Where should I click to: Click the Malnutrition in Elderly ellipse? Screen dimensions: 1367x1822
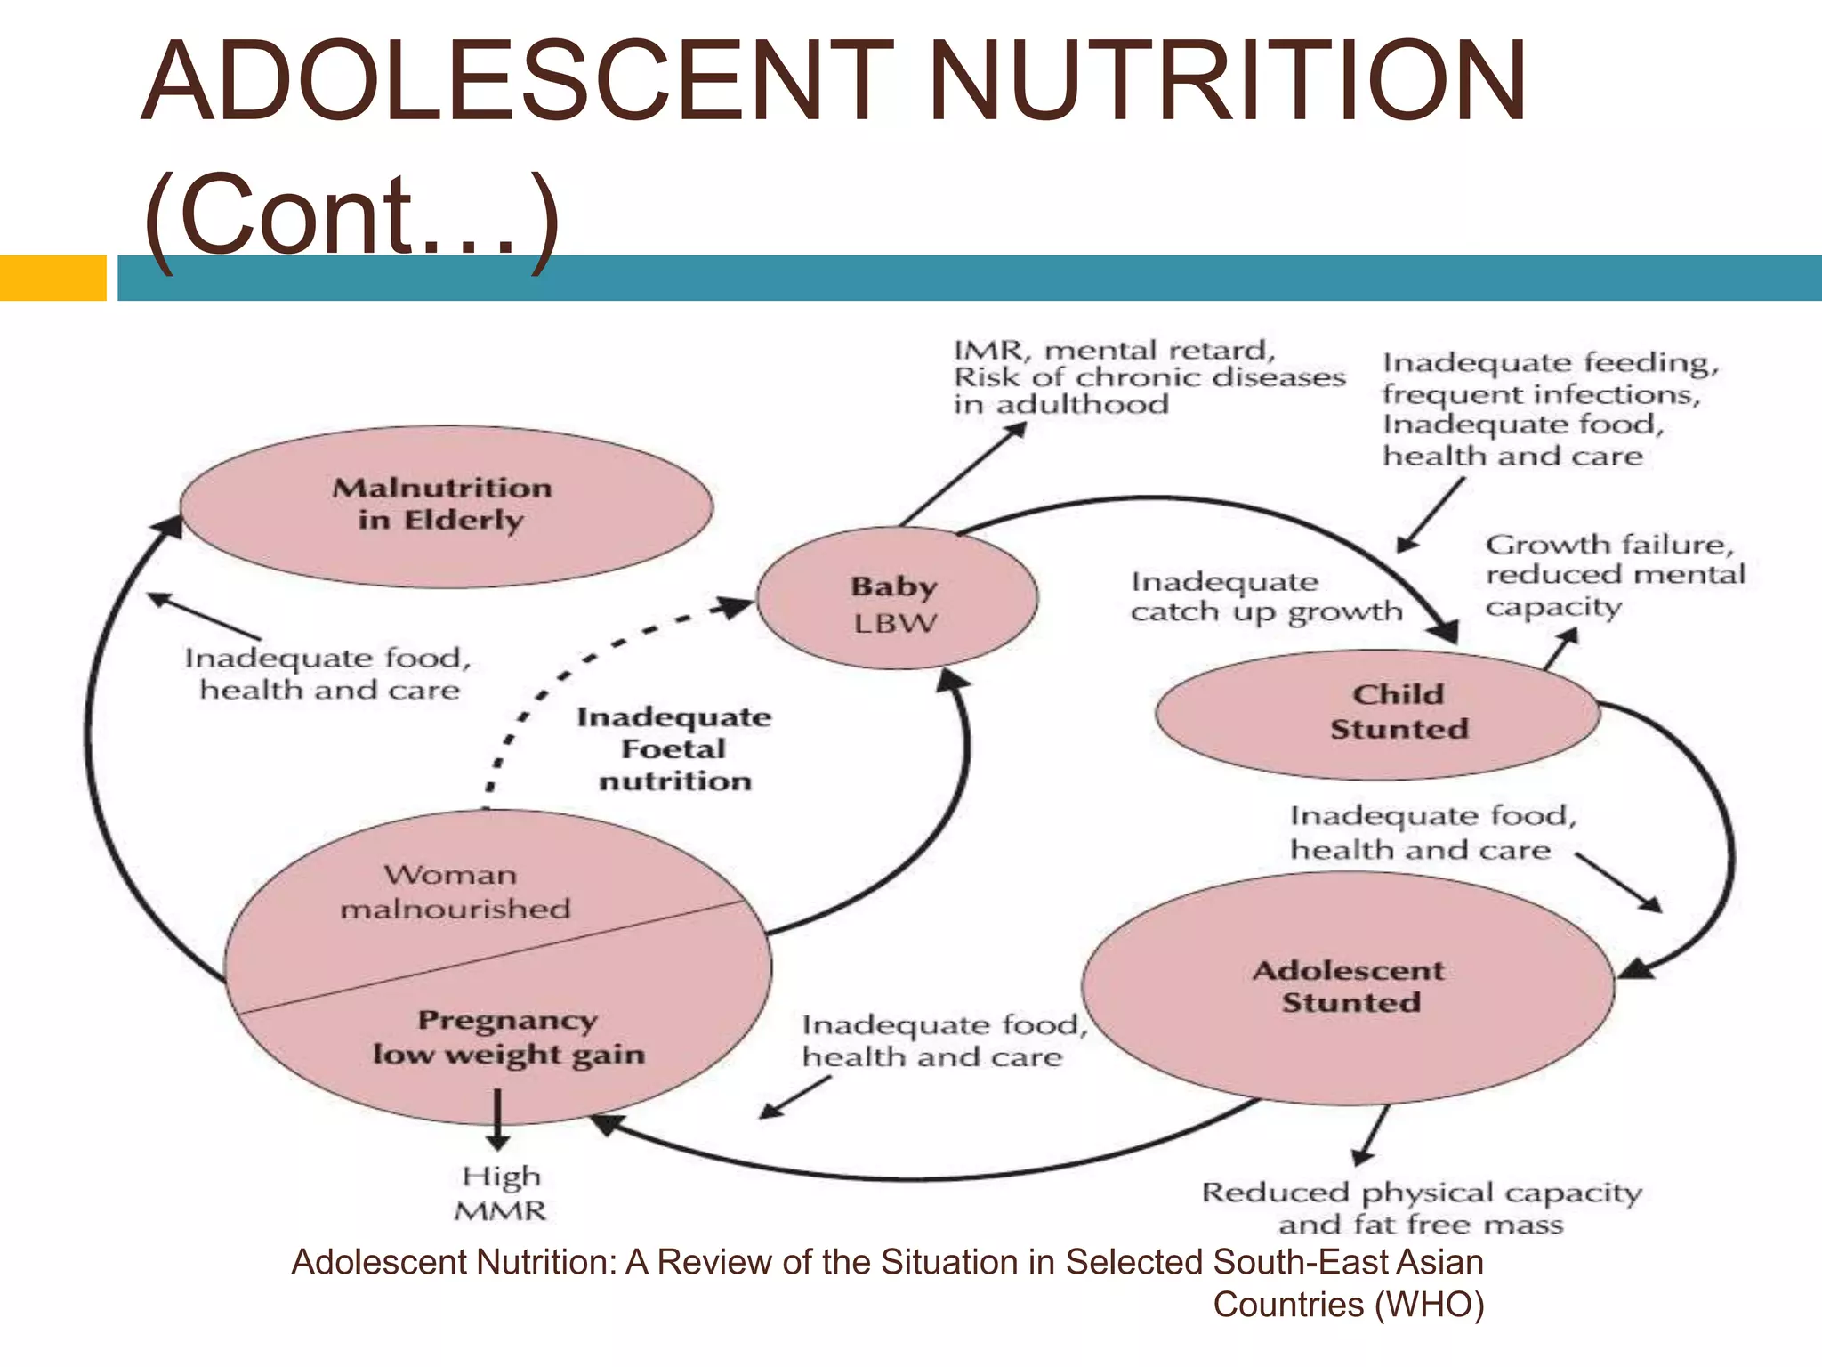click(x=445, y=506)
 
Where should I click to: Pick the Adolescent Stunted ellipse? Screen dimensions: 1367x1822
click(x=1349, y=986)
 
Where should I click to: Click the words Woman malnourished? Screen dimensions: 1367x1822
click(x=453, y=892)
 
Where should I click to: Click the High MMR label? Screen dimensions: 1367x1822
click(x=501, y=1193)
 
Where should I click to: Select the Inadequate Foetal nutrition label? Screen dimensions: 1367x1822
click(x=673, y=748)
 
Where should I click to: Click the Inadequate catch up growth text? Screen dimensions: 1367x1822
click(x=1265, y=596)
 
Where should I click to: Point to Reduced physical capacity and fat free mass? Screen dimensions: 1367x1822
click(x=1421, y=1208)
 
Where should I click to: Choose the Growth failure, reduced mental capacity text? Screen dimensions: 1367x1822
click(x=1614, y=575)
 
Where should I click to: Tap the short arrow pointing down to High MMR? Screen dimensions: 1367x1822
click(x=497, y=1121)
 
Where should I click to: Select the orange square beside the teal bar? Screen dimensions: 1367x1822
click(x=53, y=278)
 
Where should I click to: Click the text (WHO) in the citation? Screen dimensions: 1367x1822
click(x=1429, y=1306)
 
